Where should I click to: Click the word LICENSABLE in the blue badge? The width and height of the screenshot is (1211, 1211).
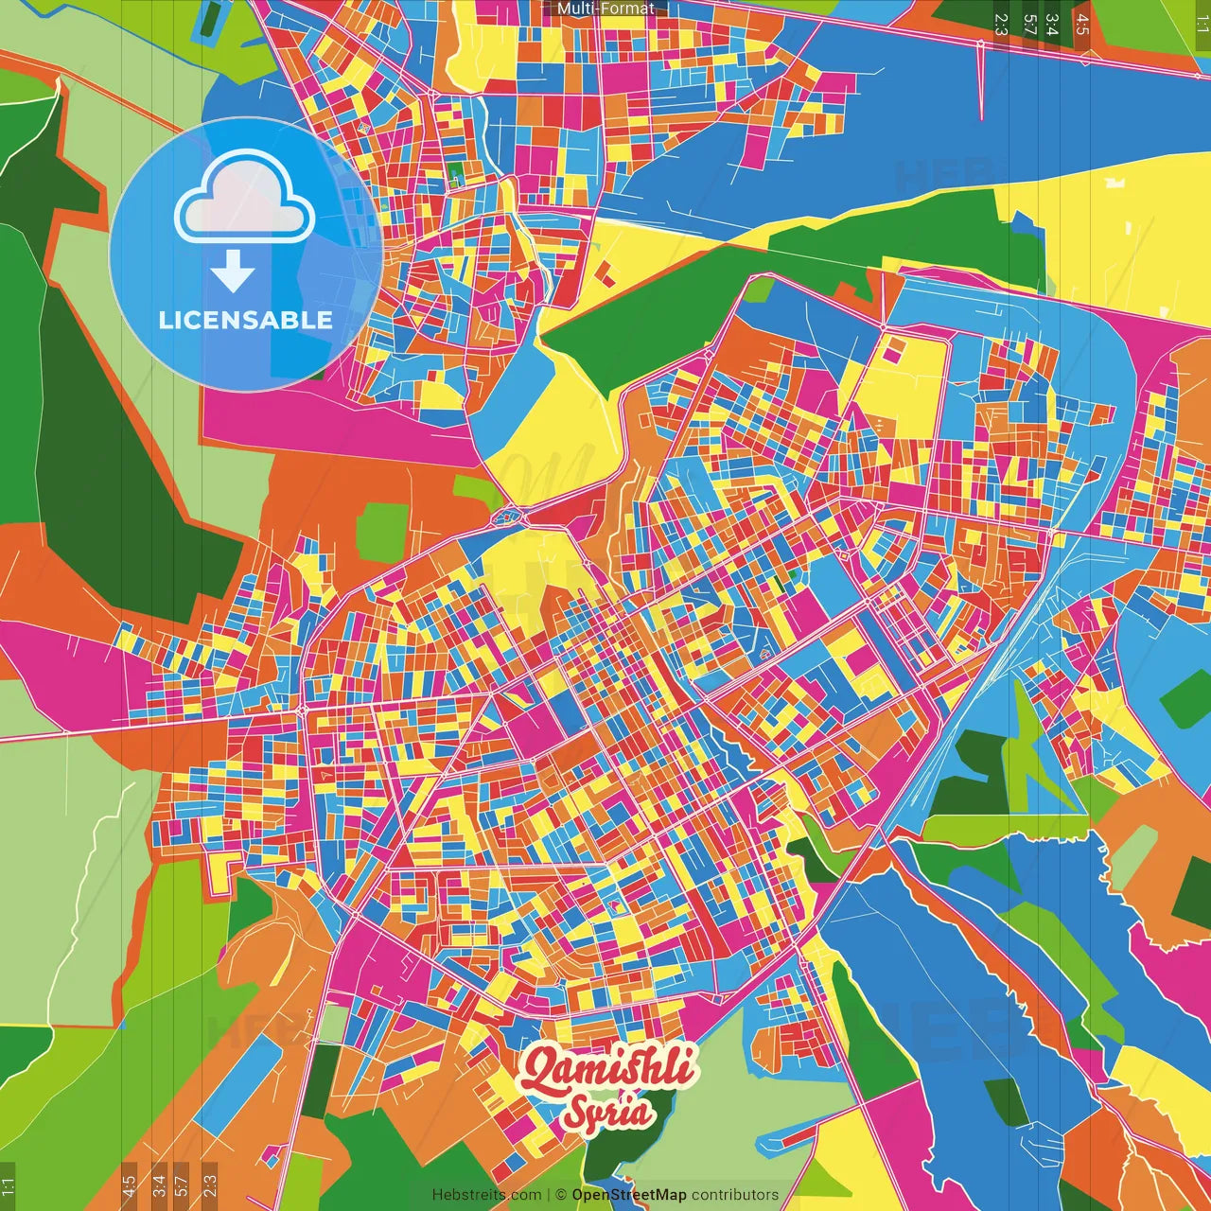click(245, 320)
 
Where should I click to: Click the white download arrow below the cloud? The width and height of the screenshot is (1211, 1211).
click(233, 272)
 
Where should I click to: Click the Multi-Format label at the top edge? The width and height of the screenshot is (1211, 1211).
click(605, 9)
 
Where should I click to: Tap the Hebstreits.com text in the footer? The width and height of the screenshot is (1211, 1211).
click(486, 1195)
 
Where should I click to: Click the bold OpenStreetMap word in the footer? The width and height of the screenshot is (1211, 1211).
click(629, 1195)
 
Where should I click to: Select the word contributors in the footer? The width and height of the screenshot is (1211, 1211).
click(735, 1195)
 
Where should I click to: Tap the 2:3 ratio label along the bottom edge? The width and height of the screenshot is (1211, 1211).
click(210, 1185)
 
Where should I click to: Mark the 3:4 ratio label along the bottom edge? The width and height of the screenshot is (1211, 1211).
click(159, 1185)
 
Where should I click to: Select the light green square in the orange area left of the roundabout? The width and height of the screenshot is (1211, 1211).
click(382, 530)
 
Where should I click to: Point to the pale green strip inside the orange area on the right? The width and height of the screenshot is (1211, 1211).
click(1132, 856)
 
